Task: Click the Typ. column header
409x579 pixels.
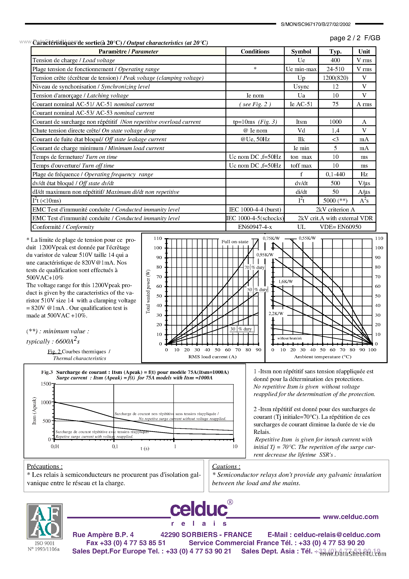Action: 335,51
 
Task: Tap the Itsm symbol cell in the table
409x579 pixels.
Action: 301,122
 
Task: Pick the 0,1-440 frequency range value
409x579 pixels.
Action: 335,174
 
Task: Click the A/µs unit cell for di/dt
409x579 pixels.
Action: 364,192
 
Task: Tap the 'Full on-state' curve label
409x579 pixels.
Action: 235,242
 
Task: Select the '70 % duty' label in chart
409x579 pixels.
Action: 254,267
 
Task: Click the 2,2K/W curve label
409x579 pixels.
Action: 276,313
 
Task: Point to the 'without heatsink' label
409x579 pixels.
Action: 289,338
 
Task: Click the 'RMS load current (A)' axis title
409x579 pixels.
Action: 212,357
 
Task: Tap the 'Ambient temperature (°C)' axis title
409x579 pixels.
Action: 322,357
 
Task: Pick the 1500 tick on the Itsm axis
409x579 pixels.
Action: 46,384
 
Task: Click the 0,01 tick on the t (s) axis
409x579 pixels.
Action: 55,446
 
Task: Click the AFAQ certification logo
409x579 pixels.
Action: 45,521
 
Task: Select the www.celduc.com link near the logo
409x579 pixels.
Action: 350,517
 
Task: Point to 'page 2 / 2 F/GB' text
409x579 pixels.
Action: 355,38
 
